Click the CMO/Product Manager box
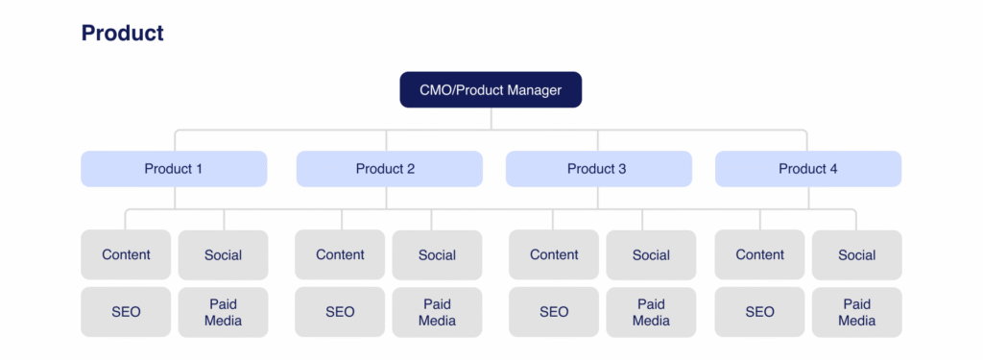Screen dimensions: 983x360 [x=491, y=89]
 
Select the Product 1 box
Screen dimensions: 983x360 [x=174, y=169]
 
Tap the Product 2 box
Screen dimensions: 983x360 [x=390, y=169]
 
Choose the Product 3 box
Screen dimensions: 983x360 [x=599, y=169]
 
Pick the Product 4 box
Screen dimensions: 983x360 [x=808, y=169]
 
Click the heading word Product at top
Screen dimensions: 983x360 [x=122, y=33]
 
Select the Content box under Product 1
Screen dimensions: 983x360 [x=126, y=254]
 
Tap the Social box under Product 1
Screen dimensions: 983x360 [x=223, y=255]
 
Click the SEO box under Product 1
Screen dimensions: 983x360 [x=126, y=312]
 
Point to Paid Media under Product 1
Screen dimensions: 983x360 [x=223, y=312]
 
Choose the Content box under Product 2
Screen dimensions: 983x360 [x=340, y=254]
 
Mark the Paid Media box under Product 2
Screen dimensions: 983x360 [x=437, y=312]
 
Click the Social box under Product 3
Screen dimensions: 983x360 [x=651, y=255]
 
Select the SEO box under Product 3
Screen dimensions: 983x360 [x=554, y=312]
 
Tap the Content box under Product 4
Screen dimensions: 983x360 [x=760, y=254]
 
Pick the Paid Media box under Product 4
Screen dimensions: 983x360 [x=857, y=312]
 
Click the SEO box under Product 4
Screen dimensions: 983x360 [x=760, y=312]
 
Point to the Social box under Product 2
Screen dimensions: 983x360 [x=437, y=255]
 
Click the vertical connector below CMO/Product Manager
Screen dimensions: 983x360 [x=491, y=119]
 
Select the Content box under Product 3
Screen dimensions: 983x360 [x=554, y=254]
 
